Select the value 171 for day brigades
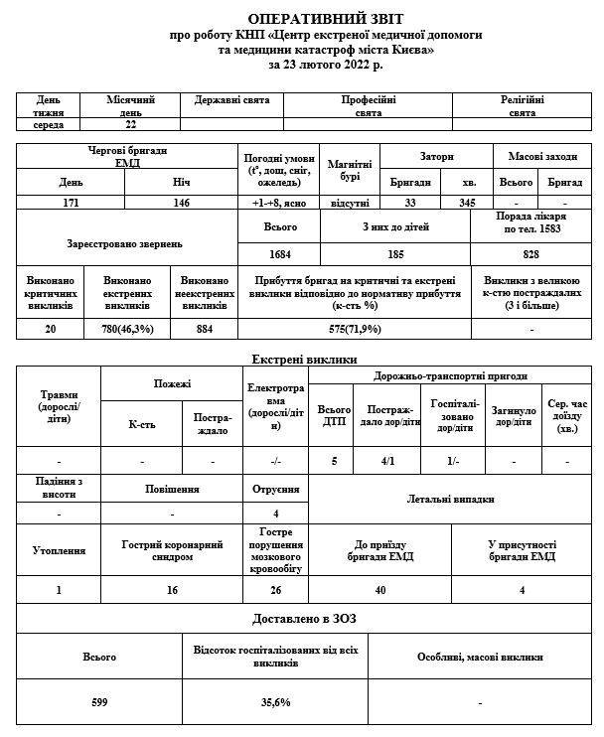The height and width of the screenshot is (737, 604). click(71, 202)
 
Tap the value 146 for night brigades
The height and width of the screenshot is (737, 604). click(181, 202)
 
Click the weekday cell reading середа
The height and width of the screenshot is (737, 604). click(49, 125)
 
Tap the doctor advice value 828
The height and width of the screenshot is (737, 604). click(531, 254)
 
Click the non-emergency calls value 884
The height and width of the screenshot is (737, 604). click(205, 329)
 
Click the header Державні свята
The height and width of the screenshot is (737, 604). click(231, 100)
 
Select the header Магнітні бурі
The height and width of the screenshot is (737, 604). click(349, 169)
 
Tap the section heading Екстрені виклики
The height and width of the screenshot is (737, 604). click(304, 359)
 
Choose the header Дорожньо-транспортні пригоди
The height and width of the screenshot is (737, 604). click(450, 376)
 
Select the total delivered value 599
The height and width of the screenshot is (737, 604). click(99, 702)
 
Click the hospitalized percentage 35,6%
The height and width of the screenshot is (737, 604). click(275, 702)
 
